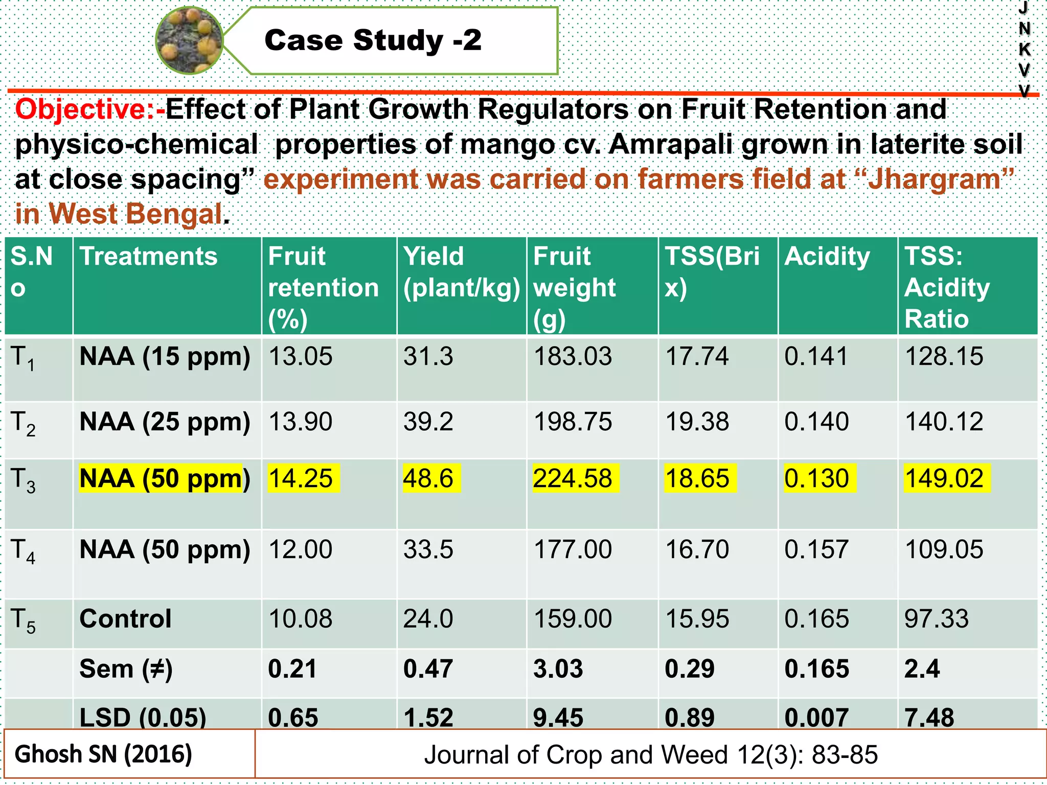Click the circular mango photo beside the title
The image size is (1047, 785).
190,40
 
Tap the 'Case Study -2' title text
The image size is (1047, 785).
373,40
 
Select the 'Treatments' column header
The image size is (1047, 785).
149,256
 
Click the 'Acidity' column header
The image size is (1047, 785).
827,256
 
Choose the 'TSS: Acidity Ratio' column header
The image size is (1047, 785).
947,287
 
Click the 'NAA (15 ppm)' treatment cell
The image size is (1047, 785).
165,357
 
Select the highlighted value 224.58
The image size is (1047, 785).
573,479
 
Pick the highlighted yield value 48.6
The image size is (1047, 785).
428,479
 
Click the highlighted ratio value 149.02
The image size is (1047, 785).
944,479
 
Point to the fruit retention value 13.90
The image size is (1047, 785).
301,422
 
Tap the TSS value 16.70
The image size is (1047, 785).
697,550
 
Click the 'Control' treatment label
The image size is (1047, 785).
125,619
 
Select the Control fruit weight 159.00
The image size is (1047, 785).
573,619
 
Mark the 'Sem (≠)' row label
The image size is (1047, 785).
126,669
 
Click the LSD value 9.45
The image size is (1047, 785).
558,718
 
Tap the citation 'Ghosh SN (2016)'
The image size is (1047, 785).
103,754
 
